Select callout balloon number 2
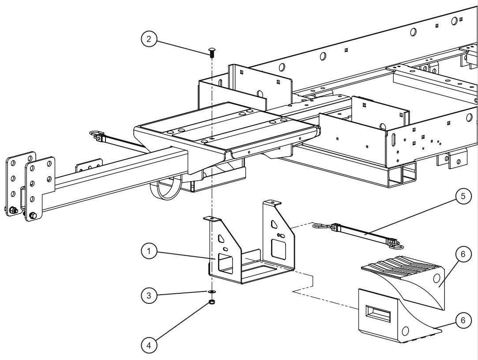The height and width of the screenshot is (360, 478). coord(149,39)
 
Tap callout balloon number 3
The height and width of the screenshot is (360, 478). coord(149,295)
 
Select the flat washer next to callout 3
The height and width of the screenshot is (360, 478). coord(211,292)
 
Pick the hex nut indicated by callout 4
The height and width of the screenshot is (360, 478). coord(211,302)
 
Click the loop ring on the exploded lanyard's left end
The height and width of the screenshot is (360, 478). coord(319,226)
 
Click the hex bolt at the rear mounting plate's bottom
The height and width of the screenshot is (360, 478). coord(32,216)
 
